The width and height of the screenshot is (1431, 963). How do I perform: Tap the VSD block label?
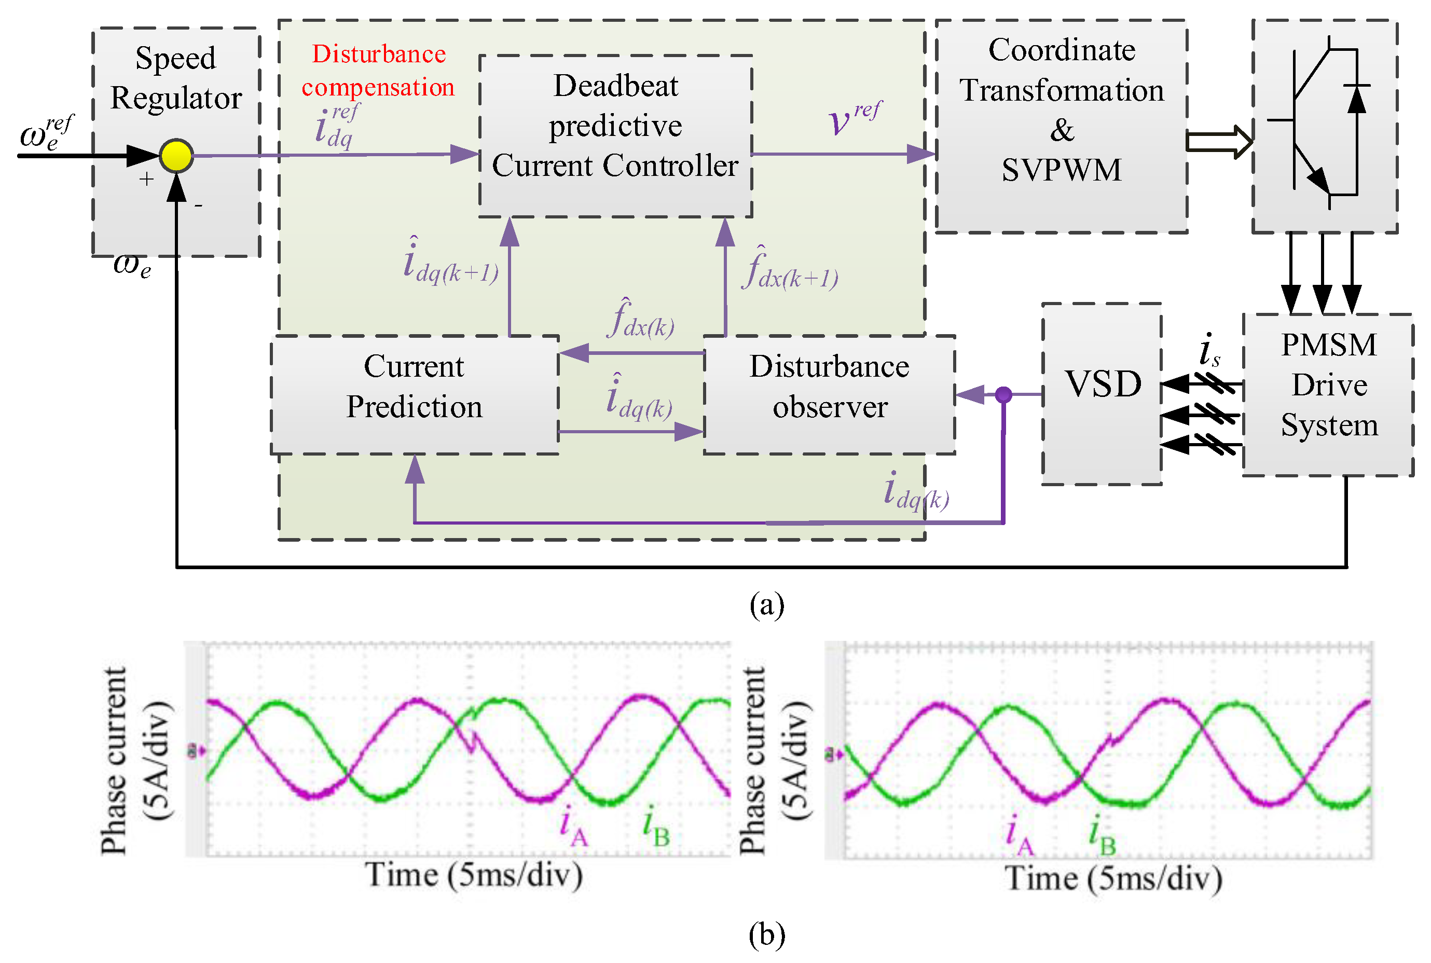1103,384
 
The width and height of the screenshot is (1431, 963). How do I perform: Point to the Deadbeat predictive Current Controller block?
615,127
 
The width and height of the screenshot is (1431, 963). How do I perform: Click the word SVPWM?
1062,170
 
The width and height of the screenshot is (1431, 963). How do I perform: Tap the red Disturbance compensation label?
378,71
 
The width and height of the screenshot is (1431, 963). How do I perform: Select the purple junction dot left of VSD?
1003,394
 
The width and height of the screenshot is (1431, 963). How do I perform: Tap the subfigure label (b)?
767,935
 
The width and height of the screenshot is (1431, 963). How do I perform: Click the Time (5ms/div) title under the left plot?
474,875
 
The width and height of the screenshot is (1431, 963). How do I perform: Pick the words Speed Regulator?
176,78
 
